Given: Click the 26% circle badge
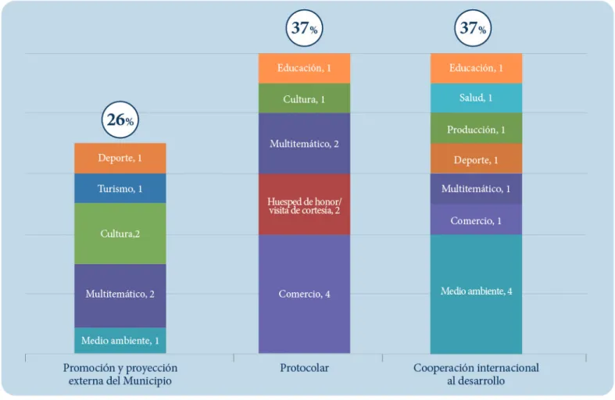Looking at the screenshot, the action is point(120,120).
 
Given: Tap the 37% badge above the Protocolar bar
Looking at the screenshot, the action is point(304,28).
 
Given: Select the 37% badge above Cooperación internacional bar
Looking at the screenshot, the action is point(473,28).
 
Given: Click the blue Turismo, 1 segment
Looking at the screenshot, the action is point(120,188).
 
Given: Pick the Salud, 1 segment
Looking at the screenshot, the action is point(476,98).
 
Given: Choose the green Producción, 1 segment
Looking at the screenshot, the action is point(476,128).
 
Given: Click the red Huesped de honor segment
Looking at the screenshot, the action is point(304,205).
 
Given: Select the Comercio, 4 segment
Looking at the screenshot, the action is point(304,294).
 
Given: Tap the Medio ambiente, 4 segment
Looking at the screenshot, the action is point(476,294).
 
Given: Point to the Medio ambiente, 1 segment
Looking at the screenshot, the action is point(120,341).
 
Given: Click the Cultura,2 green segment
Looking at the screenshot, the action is point(120,234).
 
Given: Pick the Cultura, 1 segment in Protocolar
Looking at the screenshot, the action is point(304,98).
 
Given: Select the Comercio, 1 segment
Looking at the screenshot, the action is point(476,220).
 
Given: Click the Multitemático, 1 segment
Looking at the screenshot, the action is point(476,189).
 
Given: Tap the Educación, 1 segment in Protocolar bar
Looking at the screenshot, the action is point(304,68).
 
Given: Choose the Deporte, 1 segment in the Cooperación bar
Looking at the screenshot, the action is point(476,159).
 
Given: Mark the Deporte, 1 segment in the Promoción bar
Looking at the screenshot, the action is point(120,159).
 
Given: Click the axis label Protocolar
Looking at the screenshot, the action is point(304,368).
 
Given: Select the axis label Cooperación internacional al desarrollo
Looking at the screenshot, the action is point(476,374).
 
